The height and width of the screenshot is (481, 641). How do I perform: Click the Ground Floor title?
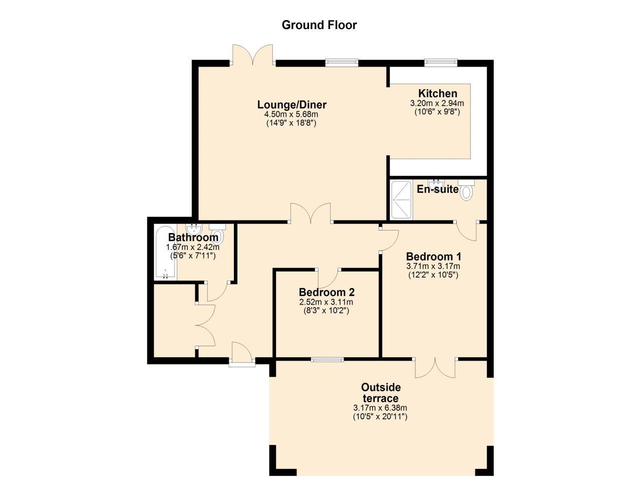[x=319, y=25]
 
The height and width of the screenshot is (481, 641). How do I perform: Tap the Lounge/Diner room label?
[x=291, y=105]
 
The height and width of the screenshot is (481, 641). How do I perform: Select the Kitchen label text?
[x=437, y=94]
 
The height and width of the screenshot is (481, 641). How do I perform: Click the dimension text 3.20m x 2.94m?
[x=437, y=104]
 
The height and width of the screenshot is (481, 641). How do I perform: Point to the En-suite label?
[x=437, y=189]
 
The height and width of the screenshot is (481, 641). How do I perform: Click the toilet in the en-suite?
[x=466, y=191]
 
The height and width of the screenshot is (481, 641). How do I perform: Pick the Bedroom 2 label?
[x=327, y=292]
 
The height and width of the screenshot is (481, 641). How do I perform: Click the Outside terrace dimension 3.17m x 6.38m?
[x=380, y=408]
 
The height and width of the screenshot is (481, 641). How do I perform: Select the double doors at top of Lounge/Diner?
[x=253, y=55]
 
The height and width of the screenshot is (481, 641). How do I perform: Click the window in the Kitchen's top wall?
[x=441, y=63]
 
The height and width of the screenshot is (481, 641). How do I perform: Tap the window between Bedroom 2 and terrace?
[x=327, y=359]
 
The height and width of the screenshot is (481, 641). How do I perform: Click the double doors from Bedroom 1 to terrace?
[x=435, y=368]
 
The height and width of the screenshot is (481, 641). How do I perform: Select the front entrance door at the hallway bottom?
[x=240, y=353]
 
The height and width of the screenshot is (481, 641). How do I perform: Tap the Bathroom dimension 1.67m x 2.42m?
[x=192, y=247]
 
